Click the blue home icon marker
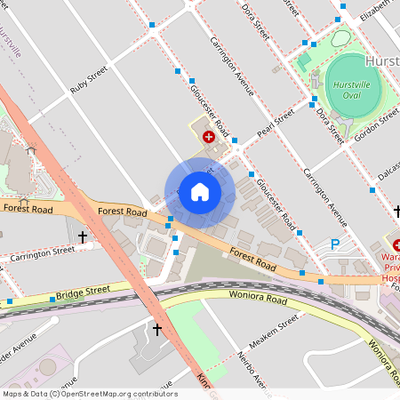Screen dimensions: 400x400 pos(200,192)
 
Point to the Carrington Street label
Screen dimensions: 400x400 pos(42,254)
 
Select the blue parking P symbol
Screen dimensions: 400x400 pos(335,244)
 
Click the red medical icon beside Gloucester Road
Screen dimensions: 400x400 pos(208,137)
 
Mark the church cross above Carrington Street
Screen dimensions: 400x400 pos(83,237)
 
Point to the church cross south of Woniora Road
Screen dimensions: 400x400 pos(157,329)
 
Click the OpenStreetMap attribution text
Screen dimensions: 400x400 pos(89,394)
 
